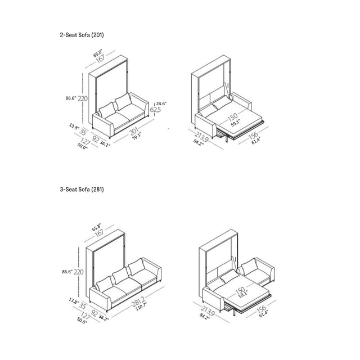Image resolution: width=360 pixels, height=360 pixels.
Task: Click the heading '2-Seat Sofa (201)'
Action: (x=82, y=35)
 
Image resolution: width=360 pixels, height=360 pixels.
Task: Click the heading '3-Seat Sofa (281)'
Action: (x=82, y=190)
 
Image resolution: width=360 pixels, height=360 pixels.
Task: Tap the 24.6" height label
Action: (x=162, y=103)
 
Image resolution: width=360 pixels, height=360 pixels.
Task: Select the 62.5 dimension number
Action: (x=156, y=110)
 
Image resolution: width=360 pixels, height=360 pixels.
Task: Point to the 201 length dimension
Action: (x=135, y=132)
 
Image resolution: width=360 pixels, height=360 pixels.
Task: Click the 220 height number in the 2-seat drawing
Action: (x=83, y=98)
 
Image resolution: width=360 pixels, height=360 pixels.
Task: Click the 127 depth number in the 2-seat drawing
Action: (x=85, y=141)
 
